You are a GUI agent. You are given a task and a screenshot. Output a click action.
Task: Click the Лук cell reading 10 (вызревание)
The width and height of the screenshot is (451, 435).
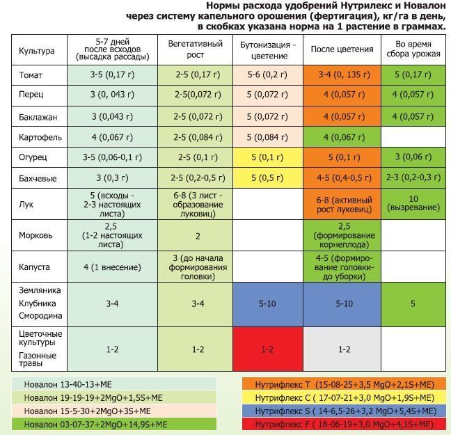[413, 203]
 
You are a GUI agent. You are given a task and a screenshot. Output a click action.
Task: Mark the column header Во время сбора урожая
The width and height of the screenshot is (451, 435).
[413, 49]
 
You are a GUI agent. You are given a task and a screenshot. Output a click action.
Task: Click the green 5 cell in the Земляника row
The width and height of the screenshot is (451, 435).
[413, 303]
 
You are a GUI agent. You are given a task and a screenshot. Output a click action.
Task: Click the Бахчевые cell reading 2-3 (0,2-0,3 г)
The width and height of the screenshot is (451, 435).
[413, 177]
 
